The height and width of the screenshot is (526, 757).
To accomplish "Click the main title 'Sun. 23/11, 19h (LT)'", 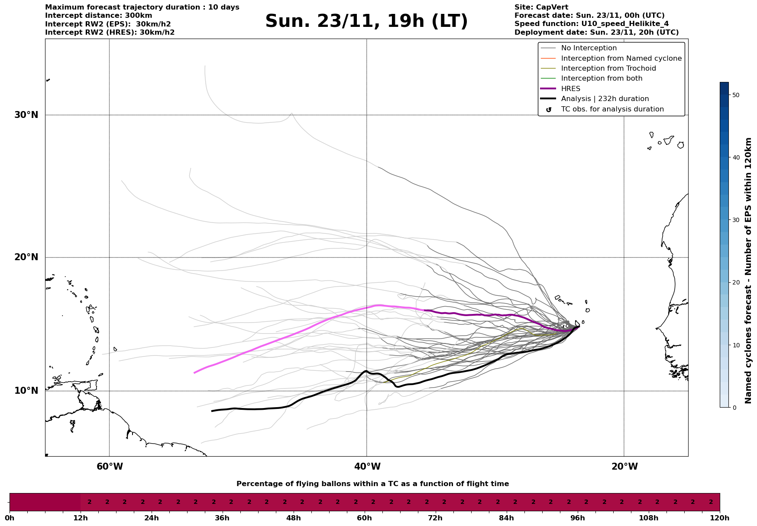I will (366, 22).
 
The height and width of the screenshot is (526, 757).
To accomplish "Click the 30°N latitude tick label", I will (26, 115).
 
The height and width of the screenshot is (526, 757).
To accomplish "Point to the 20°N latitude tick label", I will (26, 257).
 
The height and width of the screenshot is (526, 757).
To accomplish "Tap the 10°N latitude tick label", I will (26, 391).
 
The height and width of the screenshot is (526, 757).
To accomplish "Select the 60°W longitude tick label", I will (110, 467).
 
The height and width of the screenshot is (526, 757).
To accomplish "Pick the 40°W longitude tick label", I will (367, 467).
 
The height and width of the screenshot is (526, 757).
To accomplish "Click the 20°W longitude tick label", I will (624, 467).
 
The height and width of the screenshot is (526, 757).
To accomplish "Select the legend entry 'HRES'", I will (570, 89).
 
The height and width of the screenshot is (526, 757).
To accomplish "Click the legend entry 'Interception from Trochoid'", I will (608, 69).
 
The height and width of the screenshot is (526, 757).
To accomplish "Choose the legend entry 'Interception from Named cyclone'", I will (621, 59).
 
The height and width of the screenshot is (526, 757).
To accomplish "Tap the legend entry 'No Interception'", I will (589, 48).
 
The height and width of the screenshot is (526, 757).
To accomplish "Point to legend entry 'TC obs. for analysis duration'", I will (612, 109).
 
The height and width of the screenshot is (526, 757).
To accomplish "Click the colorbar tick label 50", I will (735, 95).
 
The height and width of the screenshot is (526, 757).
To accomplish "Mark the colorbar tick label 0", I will (734, 408).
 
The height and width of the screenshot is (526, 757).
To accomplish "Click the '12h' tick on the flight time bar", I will (81, 518).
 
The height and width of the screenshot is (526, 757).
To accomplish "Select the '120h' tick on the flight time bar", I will (720, 518).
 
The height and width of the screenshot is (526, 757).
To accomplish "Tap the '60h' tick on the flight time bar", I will (365, 518).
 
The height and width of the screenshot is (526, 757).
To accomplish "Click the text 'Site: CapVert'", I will (541, 7).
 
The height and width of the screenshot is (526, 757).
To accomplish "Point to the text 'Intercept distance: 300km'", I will (98, 16).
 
